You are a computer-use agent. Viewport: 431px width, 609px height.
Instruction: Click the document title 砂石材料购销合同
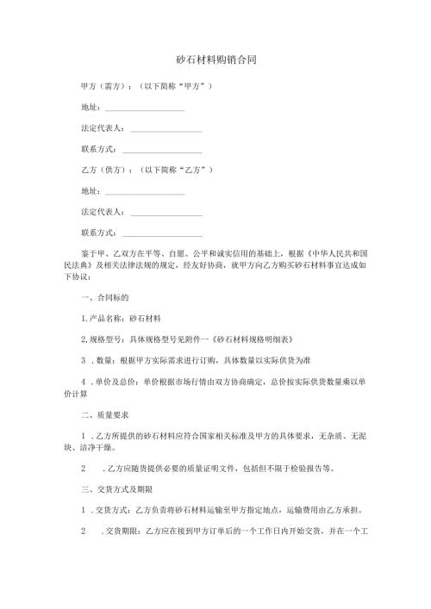pyautogui.click(x=215, y=61)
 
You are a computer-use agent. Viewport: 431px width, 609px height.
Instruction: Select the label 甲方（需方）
pyautogui.click(x=103, y=88)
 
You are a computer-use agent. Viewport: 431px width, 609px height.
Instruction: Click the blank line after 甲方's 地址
pyautogui.click(x=144, y=109)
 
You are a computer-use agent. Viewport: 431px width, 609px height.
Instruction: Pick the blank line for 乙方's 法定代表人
pyautogui.click(x=166, y=212)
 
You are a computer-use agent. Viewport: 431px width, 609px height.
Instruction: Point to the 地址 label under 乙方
pyautogui.click(x=90, y=191)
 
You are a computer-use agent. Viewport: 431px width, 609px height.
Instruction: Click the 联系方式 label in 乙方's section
pyautogui.click(x=98, y=233)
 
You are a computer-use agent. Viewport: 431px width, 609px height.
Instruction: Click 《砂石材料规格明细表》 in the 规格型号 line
pyautogui.click(x=234, y=339)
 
